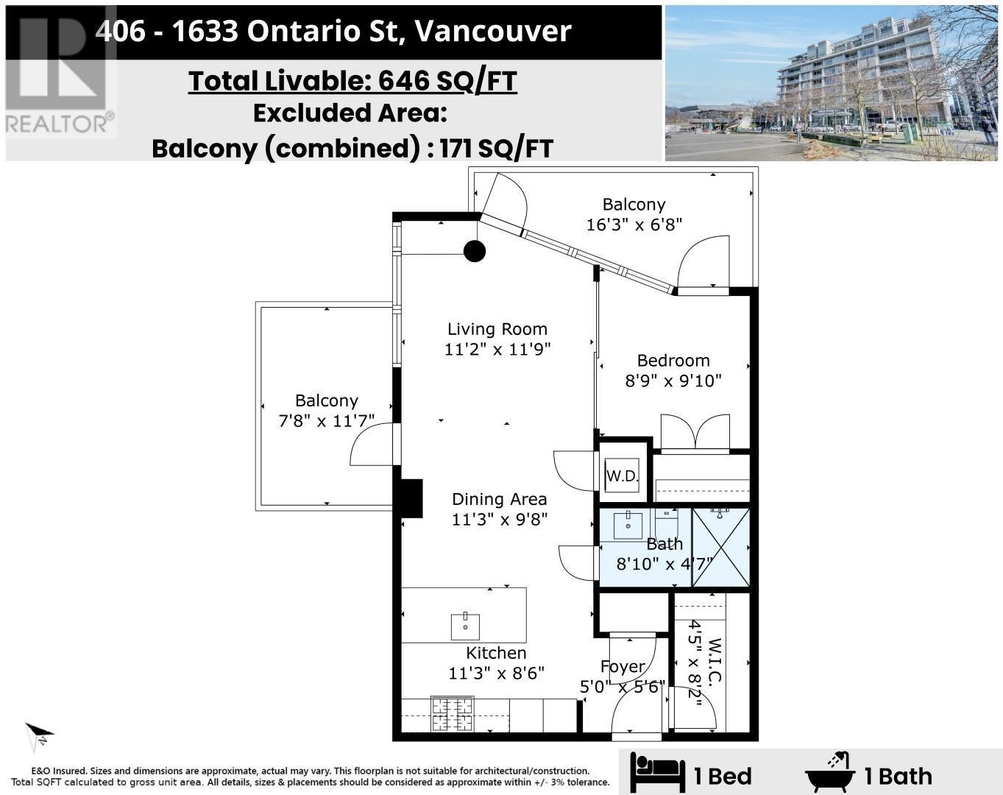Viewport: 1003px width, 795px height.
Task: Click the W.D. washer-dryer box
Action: (623, 476)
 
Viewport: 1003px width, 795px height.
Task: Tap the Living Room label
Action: (497, 329)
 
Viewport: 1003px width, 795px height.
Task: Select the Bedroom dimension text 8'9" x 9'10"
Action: (673, 381)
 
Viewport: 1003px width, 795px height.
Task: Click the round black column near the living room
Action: (475, 252)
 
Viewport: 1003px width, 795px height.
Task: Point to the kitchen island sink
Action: (465, 626)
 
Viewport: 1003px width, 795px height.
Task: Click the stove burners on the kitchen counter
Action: (452, 714)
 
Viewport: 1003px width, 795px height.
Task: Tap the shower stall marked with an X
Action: (720, 547)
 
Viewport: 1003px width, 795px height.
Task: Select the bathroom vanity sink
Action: (628, 525)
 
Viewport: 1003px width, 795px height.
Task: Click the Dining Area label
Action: (499, 499)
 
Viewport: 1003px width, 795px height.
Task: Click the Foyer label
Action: (623, 667)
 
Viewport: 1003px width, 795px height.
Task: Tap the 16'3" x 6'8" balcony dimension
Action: (634, 225)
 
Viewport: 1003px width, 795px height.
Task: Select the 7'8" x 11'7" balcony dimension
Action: (326, 421)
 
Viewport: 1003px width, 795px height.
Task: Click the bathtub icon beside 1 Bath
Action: (831, 774)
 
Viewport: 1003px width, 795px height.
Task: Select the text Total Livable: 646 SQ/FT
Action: (352, 81)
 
